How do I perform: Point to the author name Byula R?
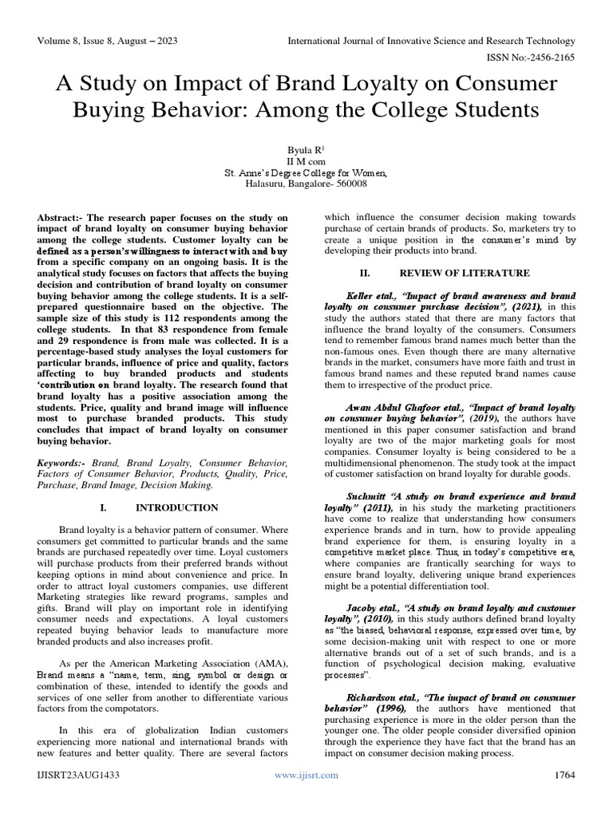coord(306,149)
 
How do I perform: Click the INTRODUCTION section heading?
coord(176,507)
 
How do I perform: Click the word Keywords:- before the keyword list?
coord(63,462)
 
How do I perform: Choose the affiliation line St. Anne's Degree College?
coord(306,172)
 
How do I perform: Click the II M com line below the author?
coord(306,160)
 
